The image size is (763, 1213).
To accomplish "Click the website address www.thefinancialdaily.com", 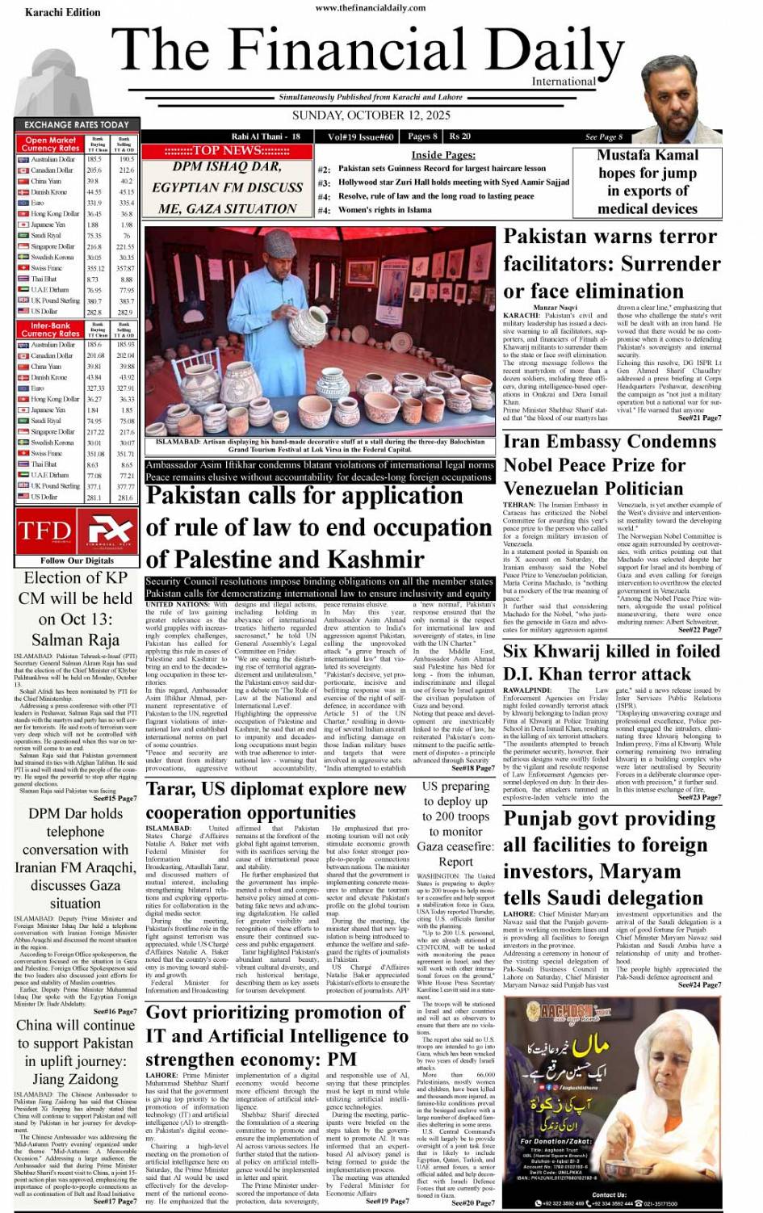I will tap(371, 7).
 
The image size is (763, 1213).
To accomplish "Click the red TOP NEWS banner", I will tap(226, 151).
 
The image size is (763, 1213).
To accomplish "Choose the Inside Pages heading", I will tap(443, 155).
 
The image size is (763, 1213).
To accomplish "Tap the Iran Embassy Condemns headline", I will tap(610, 465).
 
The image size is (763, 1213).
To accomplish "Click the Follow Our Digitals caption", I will tap(77, 560).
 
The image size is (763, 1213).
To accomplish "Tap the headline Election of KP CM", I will tap(76, 608).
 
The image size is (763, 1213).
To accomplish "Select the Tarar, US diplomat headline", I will tap(275, 800).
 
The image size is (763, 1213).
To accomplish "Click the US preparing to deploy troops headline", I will tap(455, 824).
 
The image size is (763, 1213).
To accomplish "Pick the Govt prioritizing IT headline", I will tap(276, 1035).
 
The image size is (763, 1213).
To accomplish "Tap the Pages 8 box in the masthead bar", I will tap(422, 136).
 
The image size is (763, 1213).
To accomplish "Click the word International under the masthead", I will tap(563, 82).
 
